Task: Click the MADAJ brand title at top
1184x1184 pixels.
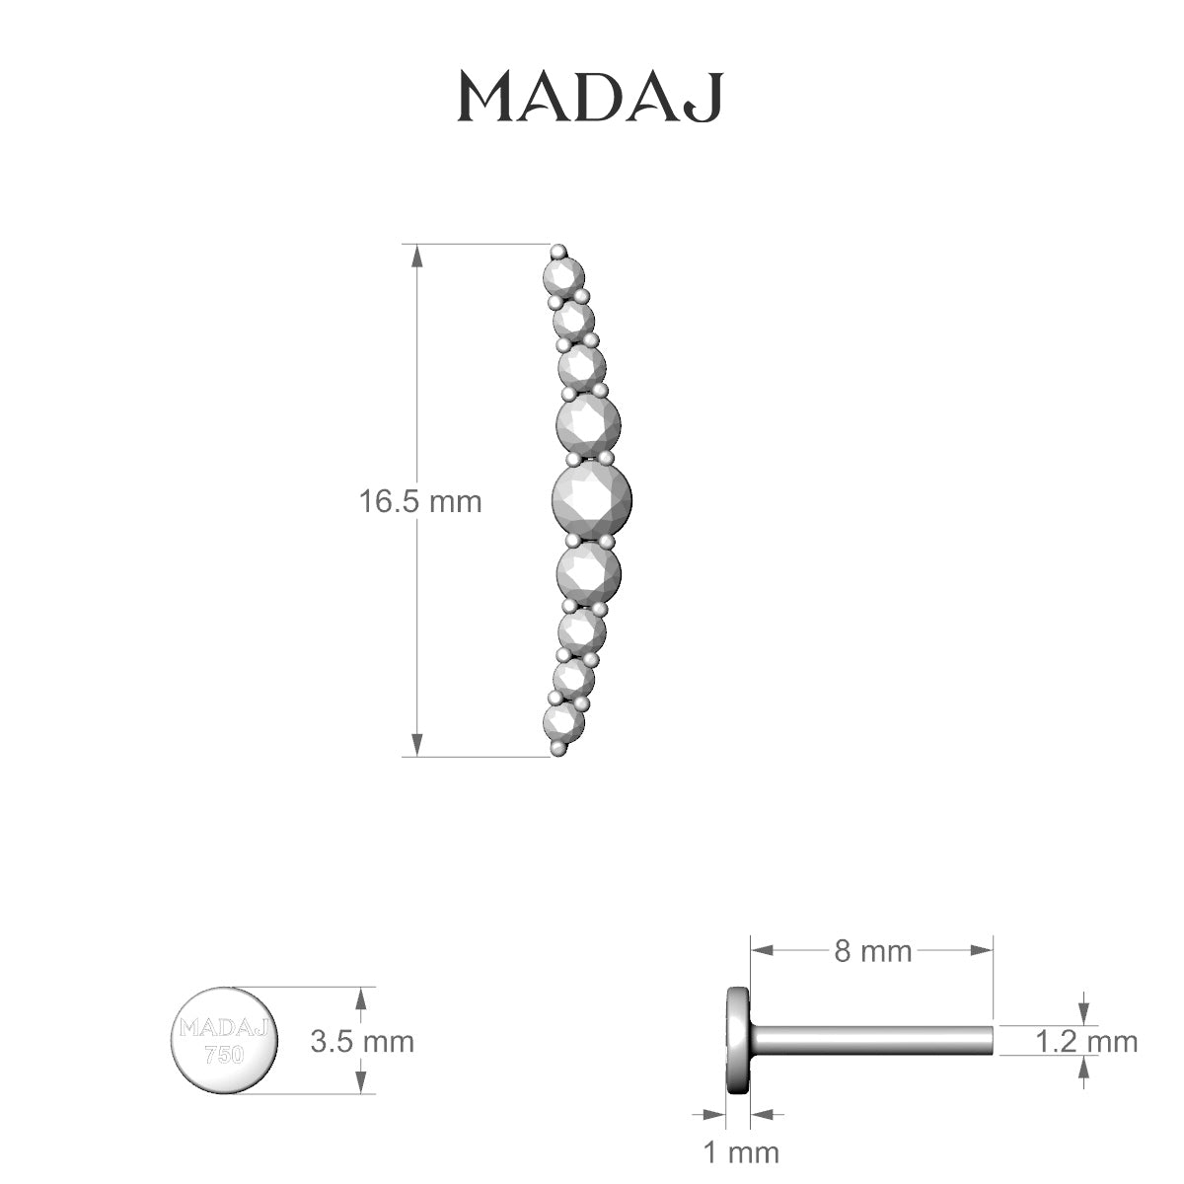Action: (x=590, y=97)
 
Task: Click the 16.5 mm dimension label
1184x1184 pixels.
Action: (x=420, y=501)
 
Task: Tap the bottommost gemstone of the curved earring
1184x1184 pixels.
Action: (x=563, y=723)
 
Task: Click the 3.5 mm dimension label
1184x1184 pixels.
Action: (x=362, y=1041)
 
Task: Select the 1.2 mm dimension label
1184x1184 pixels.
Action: (x=1086, y=1041)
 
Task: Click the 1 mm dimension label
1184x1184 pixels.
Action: (x=740, y=1151)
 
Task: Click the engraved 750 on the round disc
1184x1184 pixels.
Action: (x=224, y=1055)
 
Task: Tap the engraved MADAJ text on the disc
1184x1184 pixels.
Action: (x=225, y=1029)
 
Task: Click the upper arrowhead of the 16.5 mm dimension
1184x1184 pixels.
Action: (x=417, y=255)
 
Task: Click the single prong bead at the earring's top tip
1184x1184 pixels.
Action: (x=559, y=250)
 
